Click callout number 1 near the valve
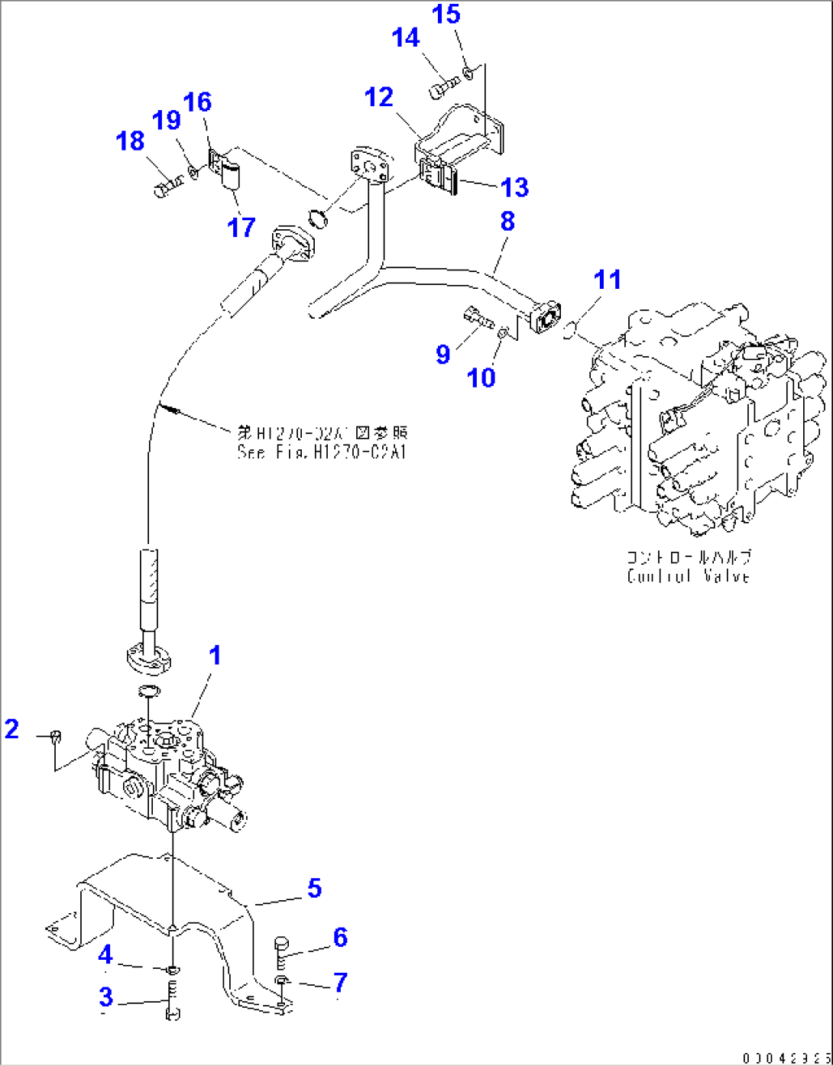click(216, 656)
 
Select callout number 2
click(11, 728)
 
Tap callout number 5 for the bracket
click(314, 889)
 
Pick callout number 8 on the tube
click(507, 222)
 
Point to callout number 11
click(608, 280)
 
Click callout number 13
click(515, 186)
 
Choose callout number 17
click(241, 227)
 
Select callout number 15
click(447, 15)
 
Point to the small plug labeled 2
click(56, 737)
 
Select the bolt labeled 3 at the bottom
click(173, 1003)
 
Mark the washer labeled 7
click(282, 980)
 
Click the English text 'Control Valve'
click(688, 577)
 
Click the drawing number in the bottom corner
click(785, 1058)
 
